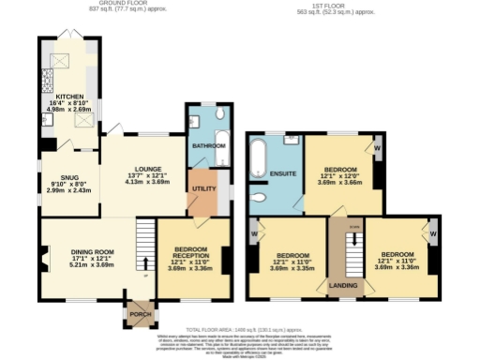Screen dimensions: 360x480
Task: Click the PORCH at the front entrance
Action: tap(141, 313)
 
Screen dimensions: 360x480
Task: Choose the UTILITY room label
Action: tap(202, 188)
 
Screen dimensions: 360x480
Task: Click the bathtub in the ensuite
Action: tap(261, 158)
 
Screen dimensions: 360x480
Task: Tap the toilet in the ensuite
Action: tap(260, 197)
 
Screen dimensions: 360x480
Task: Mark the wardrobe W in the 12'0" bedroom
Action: tap(376, 147)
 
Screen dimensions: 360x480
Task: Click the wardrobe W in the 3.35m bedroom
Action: tap(255, 230)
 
